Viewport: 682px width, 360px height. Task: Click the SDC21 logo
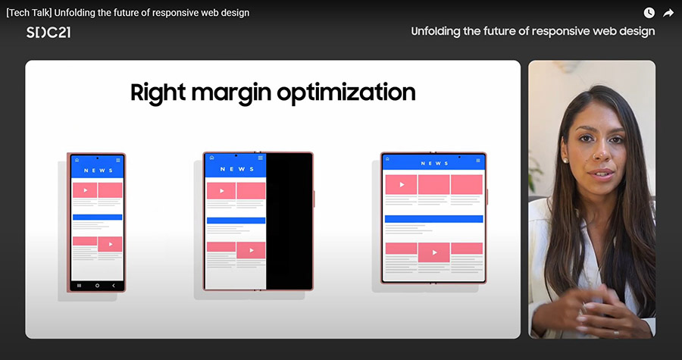tap(48, 32)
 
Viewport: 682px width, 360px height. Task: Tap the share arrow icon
tap(668, 13)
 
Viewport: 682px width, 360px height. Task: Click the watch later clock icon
tap(649, 13)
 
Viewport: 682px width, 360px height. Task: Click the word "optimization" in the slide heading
tap(346, 93)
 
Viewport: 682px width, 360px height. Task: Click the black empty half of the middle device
tap(289, 221)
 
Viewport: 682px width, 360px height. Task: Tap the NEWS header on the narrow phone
tap(98, 171)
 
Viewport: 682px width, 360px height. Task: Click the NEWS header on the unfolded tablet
tap(434, 164)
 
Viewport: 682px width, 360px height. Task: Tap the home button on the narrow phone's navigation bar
tap(97, 286)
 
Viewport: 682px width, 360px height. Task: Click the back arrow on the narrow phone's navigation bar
tap(114, 286)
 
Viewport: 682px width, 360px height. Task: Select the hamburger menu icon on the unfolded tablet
tap(478, 160)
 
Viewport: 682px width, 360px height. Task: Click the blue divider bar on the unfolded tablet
tap(433, 219)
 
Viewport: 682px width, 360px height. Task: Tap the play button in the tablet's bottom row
tap(434, 252)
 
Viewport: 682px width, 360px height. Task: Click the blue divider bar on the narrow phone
tap(98, 217)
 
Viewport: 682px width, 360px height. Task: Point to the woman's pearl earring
tap(565, 161)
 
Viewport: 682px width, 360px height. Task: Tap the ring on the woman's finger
tap(616, 333)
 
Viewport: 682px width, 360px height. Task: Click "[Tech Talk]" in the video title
tap(29, 13)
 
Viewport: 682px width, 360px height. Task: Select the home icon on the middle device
tap(212, 158)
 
